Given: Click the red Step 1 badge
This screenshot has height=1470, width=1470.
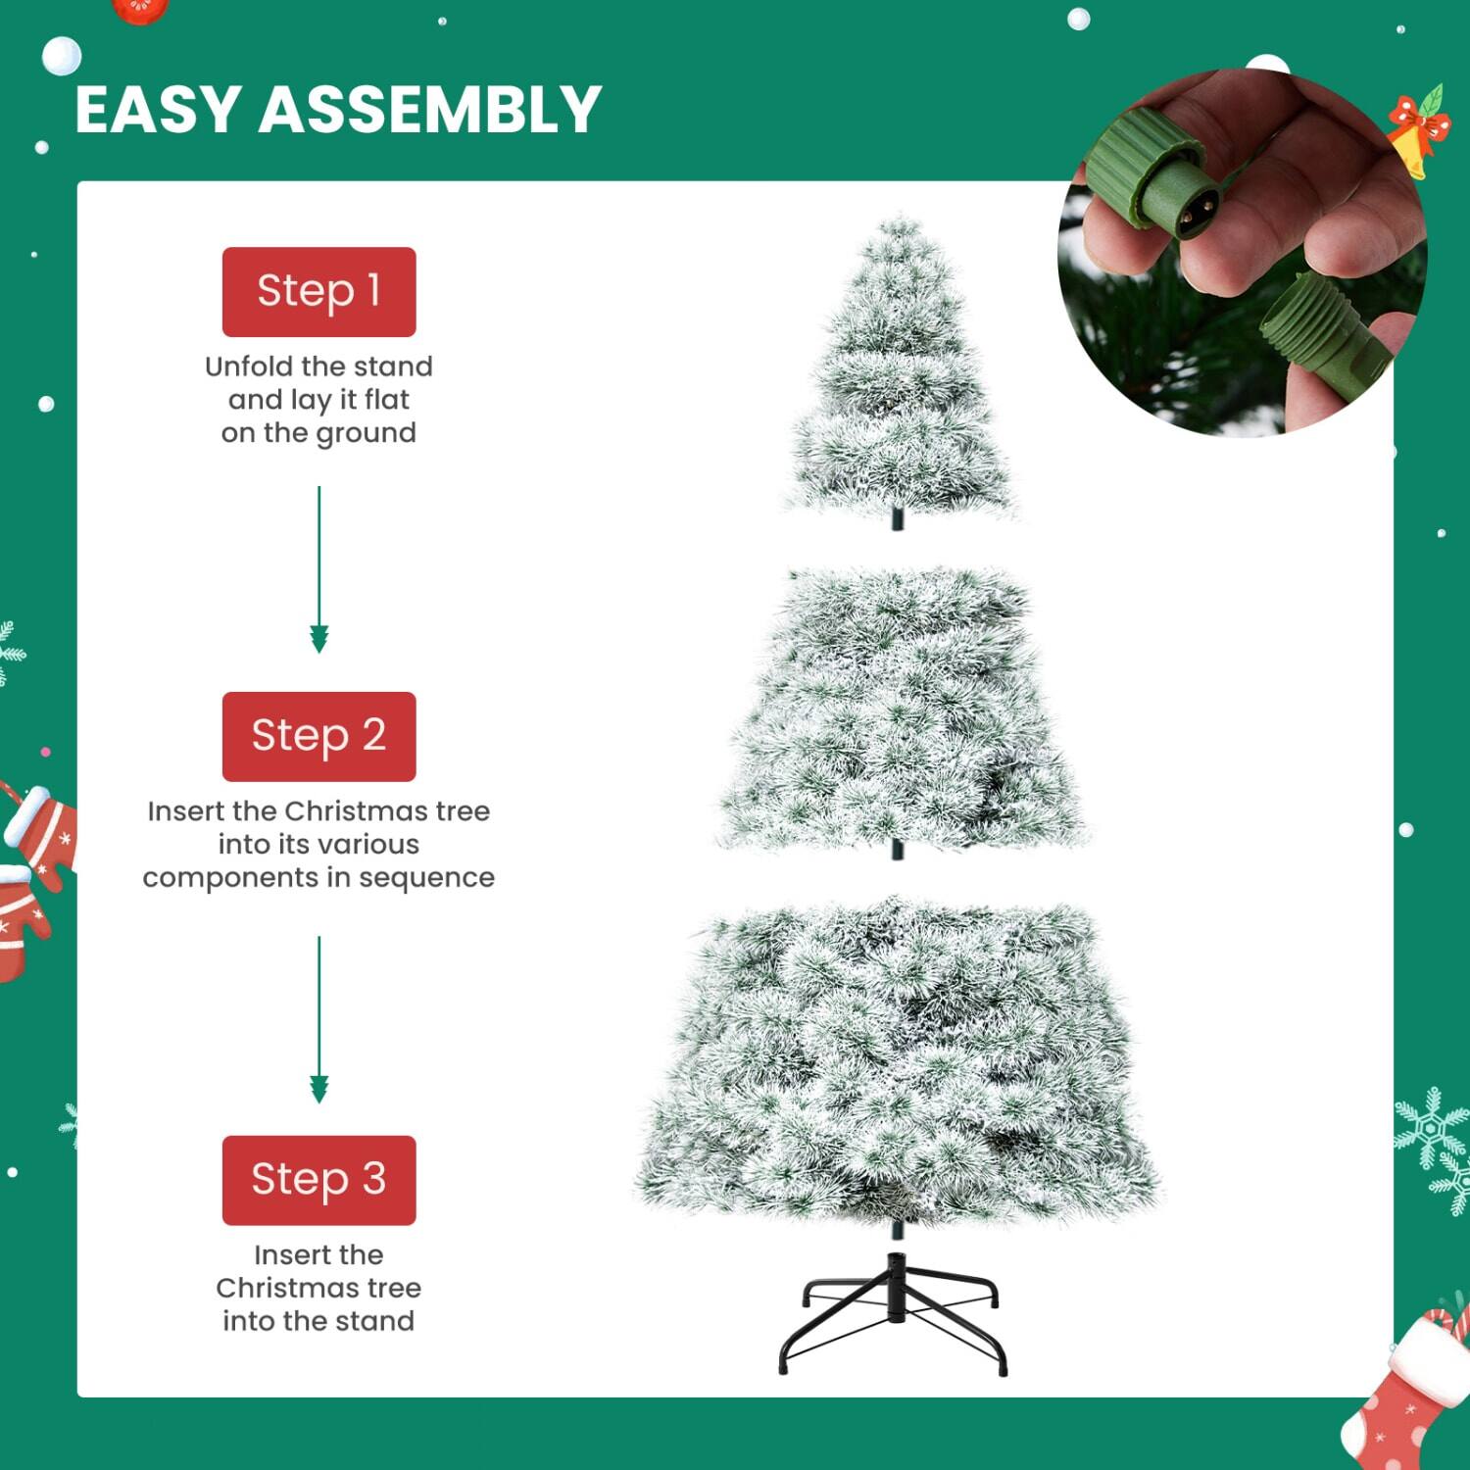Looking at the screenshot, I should pos(318,291).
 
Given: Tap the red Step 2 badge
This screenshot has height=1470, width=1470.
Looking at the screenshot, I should pos(318,736).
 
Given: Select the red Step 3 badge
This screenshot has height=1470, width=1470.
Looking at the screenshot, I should pos(318,1180).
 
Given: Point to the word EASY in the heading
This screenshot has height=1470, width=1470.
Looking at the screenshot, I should pos(158,109).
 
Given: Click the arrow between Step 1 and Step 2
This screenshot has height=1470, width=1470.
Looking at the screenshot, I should pos(318,568).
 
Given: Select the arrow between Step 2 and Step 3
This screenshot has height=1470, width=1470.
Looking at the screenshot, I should pos(318,1019).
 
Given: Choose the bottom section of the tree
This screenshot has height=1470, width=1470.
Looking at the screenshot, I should pos(897,1063).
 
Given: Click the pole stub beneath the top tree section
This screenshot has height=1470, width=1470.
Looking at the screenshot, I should pos(897,518).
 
